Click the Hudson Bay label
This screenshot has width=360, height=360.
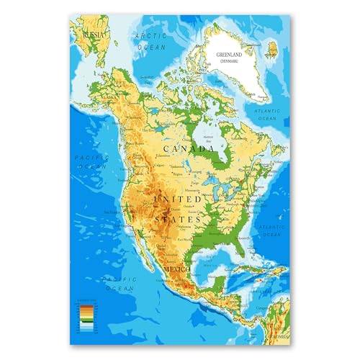click(x=209, y=139)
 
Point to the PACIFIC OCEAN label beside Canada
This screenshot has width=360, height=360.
click(x=91, y=161)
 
